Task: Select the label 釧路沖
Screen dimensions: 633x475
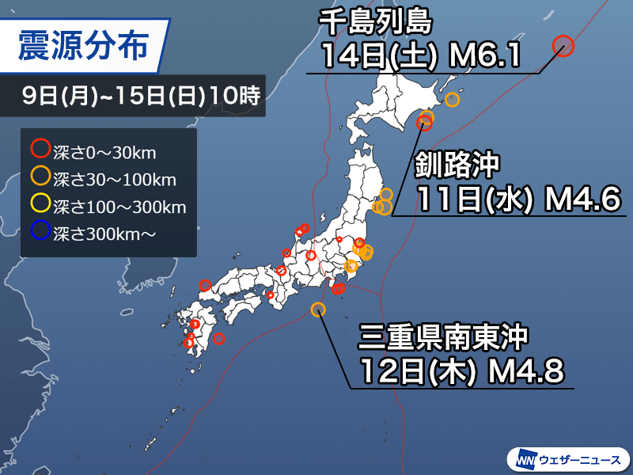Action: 458,165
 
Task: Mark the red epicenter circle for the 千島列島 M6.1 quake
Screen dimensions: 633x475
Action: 563,47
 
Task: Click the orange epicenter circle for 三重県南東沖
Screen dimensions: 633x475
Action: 318,310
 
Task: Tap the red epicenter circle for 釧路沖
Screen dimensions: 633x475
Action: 424,123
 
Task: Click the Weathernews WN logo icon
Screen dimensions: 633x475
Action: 525,459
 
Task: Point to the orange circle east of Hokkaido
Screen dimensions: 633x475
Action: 453,100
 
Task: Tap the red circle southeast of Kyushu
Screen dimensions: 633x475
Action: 219,339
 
